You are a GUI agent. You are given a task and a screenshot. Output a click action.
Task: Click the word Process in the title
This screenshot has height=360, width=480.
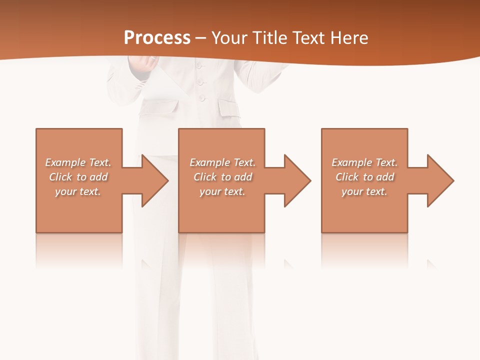point(157,37)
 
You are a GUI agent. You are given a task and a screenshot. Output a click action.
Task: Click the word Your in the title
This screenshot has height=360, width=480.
point(230,37)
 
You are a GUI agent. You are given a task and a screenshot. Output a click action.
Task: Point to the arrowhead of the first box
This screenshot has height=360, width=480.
point(153,180)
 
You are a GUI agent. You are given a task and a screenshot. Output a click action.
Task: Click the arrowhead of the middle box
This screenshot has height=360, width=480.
point(295,180)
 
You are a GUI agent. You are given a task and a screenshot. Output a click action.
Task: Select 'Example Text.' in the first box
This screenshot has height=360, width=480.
point(78,162)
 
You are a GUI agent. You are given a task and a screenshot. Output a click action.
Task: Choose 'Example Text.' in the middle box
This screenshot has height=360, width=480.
point(222,162)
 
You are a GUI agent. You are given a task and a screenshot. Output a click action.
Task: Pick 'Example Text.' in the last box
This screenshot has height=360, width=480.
point(364,162)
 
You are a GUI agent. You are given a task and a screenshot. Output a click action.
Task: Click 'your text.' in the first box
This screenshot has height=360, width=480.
point(78,191)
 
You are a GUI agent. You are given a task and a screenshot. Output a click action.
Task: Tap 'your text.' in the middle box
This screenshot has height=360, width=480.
point(222,191)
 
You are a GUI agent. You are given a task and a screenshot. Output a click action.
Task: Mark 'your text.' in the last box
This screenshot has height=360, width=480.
point(364,191)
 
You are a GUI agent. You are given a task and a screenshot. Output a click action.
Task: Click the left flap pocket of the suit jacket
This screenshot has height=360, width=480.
point(162,106)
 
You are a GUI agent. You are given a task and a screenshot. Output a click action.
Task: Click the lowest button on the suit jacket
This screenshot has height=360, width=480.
point(201,97)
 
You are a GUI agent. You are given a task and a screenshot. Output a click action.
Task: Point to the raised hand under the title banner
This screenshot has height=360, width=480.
point(144,63)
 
